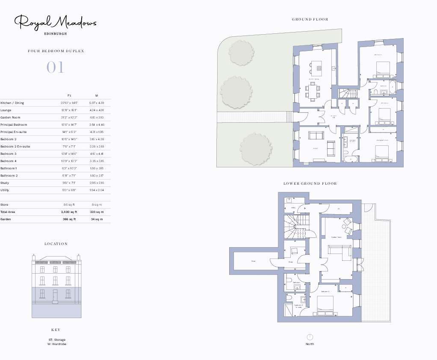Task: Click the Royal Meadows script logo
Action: (x=56, y=22)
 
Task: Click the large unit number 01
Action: (x=55, y=68)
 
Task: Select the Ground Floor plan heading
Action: (x=310, y=19)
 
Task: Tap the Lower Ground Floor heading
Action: (x=310, y=183)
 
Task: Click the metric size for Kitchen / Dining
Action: (x=97, y=103)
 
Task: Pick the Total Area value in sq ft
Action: (x=69, y=212)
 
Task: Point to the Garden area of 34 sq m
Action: (x=97, y=219)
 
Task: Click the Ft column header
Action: (x=69, y=95)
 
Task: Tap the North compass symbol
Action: (x=310, y=337)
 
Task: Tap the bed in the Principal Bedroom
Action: (x=383, y=151)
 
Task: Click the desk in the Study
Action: (x=294, y=251)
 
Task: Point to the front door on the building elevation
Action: (x=55, y=296)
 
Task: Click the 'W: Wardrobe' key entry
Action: (x=57, y=344)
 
